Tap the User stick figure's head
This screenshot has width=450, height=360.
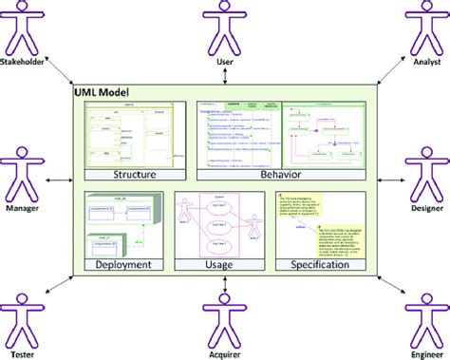click(x=225, y=9)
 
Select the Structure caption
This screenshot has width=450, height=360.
click(x=134, y=175)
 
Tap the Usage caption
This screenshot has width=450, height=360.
click(x=224, y=265)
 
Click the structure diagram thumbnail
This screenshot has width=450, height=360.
click(x=134, y=135)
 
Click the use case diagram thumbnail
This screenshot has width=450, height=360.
click(x=224, y=224)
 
